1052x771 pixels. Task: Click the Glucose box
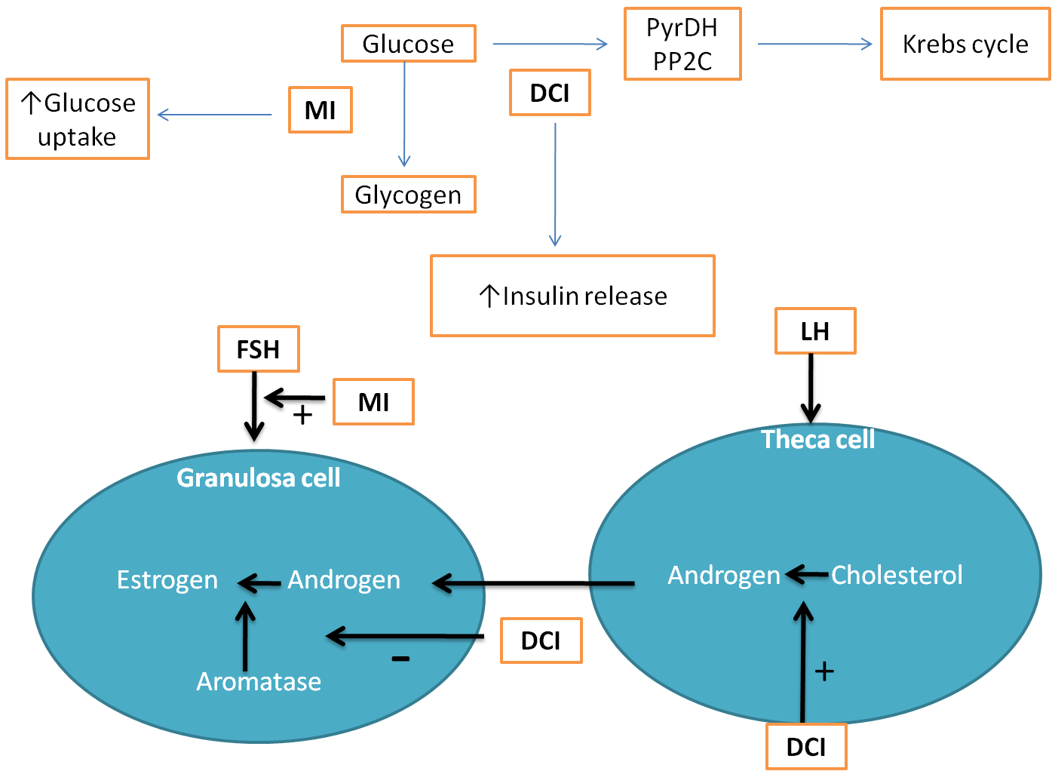[408, 44]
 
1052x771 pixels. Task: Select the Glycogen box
[408, 195]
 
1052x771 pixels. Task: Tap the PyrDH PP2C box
[682, 44]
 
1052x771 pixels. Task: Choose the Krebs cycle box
[965, 44]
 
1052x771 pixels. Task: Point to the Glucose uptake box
[78, 119]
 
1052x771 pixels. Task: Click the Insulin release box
[572, 296]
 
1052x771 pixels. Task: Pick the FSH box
[259, 349]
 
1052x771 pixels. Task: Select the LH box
[815, 331]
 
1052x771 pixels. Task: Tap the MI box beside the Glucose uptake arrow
[321, 110]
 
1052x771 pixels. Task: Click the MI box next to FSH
[374, 402]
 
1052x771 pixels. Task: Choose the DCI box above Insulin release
[550, 93]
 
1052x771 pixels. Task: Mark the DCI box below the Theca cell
[806, 747]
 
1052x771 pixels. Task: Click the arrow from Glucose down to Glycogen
[405, 113]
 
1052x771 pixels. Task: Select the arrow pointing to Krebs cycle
[814, 45]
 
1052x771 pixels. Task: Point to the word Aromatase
[259, 681]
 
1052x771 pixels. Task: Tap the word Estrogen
[167, 579]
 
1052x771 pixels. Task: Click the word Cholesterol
[897, 575]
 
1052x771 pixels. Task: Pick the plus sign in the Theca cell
[825, 671]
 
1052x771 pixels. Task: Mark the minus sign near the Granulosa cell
[400, 659]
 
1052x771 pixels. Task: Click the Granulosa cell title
[259, 478]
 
